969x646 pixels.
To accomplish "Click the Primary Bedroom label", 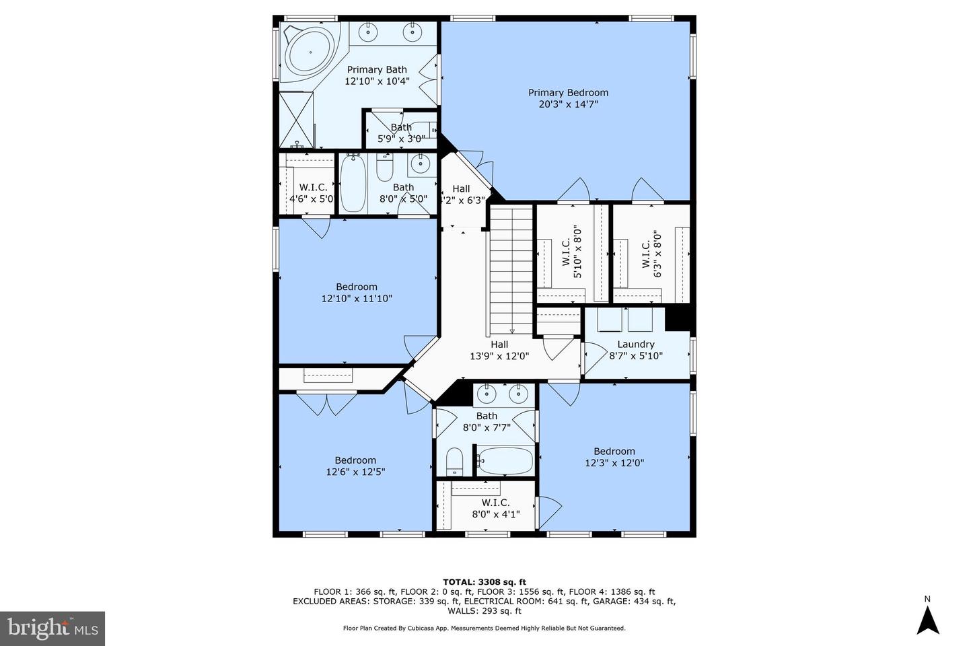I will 568,93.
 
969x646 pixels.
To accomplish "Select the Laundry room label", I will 636,345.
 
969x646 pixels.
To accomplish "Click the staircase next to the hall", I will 511,269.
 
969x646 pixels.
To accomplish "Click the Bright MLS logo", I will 52,629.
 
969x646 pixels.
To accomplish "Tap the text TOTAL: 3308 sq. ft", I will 484,582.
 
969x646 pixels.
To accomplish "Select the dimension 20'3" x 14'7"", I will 568,104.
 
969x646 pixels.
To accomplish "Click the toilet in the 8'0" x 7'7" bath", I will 455,462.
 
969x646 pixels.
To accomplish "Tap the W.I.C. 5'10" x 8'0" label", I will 571,254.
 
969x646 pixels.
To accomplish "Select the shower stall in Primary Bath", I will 296,120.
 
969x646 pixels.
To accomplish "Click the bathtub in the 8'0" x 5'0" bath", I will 353,183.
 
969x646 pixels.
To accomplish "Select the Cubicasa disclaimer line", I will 484,628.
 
